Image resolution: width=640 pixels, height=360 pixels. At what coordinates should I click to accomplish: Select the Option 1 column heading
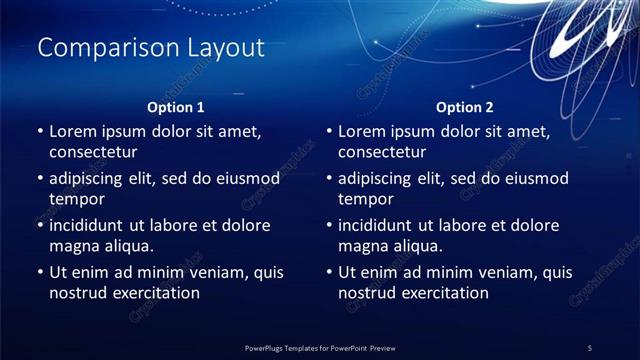(x=176, y=106)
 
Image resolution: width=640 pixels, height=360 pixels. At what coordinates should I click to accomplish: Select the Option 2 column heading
(x=465, y=106)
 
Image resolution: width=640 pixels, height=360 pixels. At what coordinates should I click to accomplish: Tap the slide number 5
(x=590, y=347)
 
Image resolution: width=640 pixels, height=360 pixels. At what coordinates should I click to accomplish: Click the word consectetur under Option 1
(x=93, y=153)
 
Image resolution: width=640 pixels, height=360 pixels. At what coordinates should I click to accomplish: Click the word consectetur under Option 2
(x=382, y=153)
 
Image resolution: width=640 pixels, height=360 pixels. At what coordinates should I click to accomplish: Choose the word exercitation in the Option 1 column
(x=155, y=293)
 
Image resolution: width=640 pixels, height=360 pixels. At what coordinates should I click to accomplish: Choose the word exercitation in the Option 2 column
(x=444, y=293)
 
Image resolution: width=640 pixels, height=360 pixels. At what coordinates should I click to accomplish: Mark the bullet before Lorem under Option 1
(x=40, y=132)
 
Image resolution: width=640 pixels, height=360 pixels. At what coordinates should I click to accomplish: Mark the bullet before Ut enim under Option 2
(x=329, y=272)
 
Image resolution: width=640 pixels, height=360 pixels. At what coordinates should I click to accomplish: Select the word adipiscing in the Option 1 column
(x=90, y=178)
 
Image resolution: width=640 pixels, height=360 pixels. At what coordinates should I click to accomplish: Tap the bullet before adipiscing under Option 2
(x=329, y=179)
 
